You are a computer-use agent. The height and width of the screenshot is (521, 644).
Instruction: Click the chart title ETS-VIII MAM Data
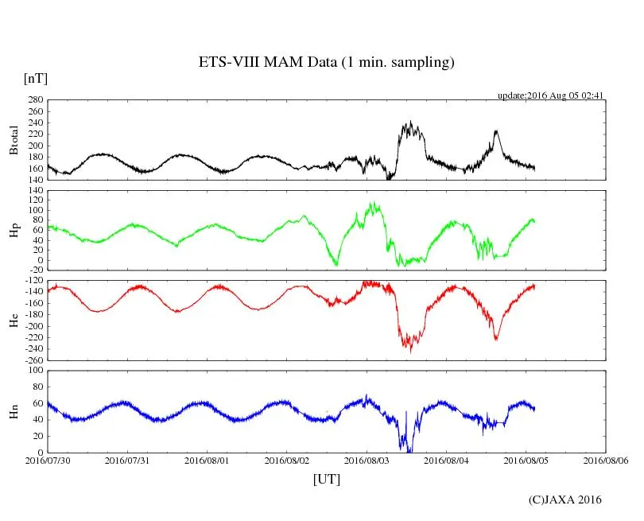tap(326, 63)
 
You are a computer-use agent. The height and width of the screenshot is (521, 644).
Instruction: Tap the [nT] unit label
tap(35, 79)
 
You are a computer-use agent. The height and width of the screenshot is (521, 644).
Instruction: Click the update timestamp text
tap(551, 95)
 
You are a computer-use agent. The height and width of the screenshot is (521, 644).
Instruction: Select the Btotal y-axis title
tap(14, 140)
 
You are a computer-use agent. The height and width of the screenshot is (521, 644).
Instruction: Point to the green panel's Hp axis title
tap(14, 231)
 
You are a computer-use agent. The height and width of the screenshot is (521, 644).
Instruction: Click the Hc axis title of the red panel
tap(14, 321)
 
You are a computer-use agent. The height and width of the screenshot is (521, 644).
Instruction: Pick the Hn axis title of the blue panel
tap(14, 411)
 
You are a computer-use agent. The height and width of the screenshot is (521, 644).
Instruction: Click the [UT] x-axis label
tap(326, 479)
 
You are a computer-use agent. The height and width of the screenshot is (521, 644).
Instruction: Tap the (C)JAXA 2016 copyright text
tap(565, 500)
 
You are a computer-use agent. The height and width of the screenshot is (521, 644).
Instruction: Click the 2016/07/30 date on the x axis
tap(48, 461)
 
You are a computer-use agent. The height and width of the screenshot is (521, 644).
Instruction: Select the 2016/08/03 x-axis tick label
tap(367, 461)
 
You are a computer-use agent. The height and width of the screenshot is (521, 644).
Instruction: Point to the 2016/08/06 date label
tap(607, 461)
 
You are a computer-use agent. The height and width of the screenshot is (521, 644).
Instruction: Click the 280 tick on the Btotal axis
tap(34, 101)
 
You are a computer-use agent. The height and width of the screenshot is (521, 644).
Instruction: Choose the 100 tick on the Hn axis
tap(34, 371)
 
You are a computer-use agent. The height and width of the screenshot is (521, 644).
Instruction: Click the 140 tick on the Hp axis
tap(34, 191)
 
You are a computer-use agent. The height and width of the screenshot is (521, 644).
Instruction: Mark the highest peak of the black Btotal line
tap(410, 122)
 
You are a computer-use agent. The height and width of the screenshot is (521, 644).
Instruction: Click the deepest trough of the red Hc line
tap(410, 351)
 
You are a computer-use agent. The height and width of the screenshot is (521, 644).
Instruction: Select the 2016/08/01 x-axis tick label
tap(208, 461)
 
